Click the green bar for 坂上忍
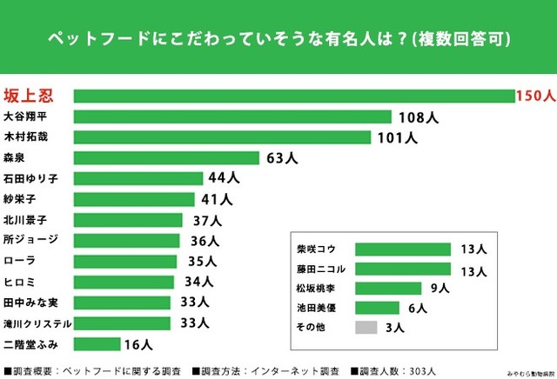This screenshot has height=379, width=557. click(x=294, y=96)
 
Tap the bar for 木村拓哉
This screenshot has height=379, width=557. click(x=223, y=137)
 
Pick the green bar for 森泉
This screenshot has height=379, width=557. click(x=166, y=158)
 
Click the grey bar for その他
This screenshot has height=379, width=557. click(x=366, y=328)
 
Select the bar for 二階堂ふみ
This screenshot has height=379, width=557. click(x=97, y=344)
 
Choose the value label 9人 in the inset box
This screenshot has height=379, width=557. click(x=439, y=289)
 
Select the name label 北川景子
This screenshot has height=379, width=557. click(x=25, y=220)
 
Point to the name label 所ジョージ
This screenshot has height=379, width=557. click(x=30, y=240)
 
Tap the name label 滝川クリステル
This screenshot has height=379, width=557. click(x=37, y=323)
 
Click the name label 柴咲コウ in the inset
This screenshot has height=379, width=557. click(x=316, y=249)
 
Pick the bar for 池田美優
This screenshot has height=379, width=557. click(x=378, y=308)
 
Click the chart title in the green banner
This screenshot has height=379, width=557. click(x=278, y=39)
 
